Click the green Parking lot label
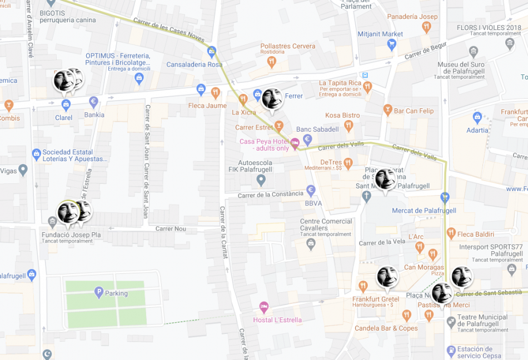click(116, 293)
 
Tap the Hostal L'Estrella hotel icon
click(264, 307)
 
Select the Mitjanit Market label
click(381, 34)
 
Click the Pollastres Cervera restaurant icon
click(271, 62)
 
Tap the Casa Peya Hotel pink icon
click(295, 142)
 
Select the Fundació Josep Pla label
click(71, 235)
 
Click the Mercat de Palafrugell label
click(424, 211)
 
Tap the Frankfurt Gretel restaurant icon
click(363, 287)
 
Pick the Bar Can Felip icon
click(388, 111)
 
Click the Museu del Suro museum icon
click(474, 52)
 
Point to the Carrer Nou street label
click(171, 229)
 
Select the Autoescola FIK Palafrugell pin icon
click(261, 180)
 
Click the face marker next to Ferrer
click(272, 99)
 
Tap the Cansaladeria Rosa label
click(194, 64)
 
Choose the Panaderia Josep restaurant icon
click(427, 27)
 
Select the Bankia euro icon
click(93, 102)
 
